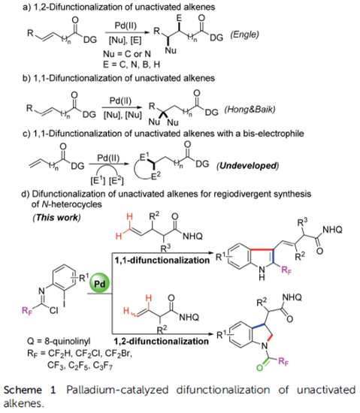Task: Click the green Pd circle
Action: pyautogui.click(x=100, y=284)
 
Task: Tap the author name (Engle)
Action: pyautogui.click(x=244, y=35)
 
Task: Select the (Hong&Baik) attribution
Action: pyautogui.click(x=250, y=110)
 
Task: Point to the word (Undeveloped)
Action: pyautogui.click(x=247, y=166)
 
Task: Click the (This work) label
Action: pyautogui.click(x=56, y=218)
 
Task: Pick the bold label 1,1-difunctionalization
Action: pyautogui.click(x=162, y=261)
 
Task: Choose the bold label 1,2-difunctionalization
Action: pyautogui.click(x=161, y=341)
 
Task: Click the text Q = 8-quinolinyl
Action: pyautogui.click(x=59, y=342)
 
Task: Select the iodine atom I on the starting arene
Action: pyautogui.click(x=64, y=303)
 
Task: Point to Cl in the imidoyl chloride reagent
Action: pyautogui.click(x=53, y=311)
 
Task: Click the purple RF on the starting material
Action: pyautogui.click(x=27, y=311)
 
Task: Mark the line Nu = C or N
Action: pyautogui.click(x=127, y=54)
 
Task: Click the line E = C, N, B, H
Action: pyautogui.click(x=132, y=65)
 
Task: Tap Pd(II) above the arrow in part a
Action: pyautogui.click(x=126, y=26)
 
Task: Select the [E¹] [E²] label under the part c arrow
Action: pyautogui.click(x=107, y=181)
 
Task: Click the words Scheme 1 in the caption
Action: pyautogui.click(x=29, y=390)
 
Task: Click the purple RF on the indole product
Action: pyautogui.click(x=286, y=270)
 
